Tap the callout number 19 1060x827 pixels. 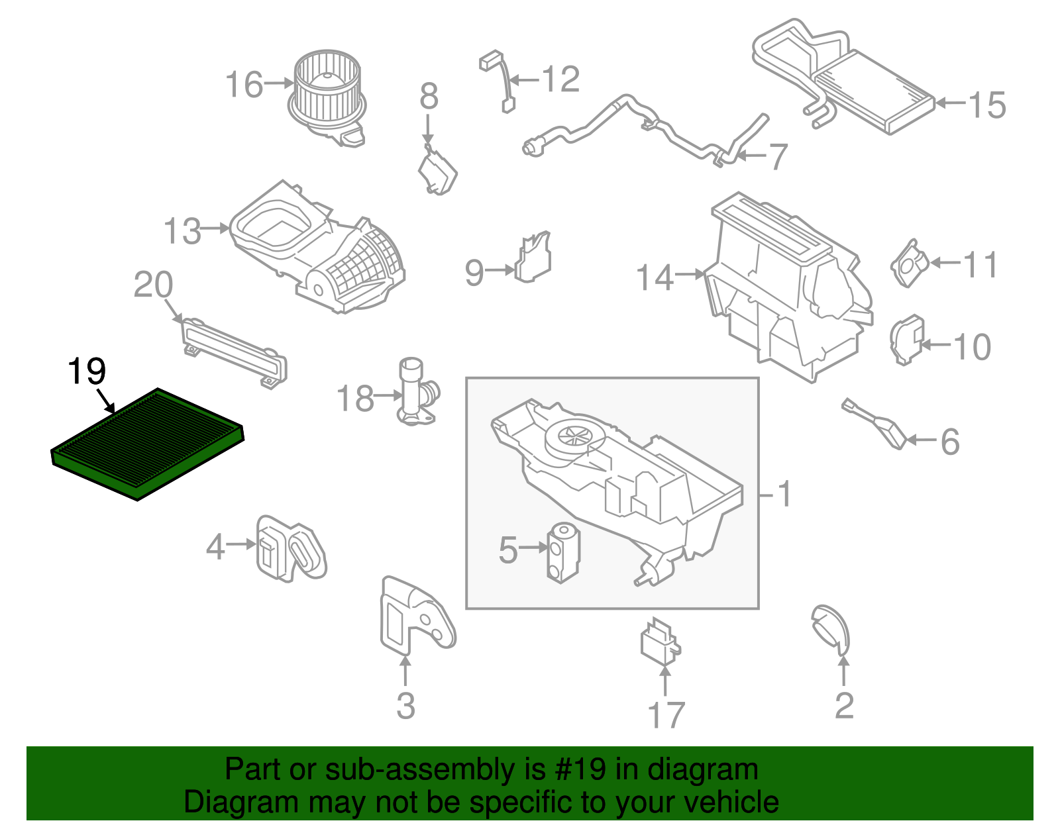87,371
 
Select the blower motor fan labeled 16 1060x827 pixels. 327,93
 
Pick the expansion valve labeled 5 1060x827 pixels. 562,552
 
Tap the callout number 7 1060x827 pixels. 776,157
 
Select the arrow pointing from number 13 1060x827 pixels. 214,228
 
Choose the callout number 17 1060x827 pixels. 665,715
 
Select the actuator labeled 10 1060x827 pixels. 906,340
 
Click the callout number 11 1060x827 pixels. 980,265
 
